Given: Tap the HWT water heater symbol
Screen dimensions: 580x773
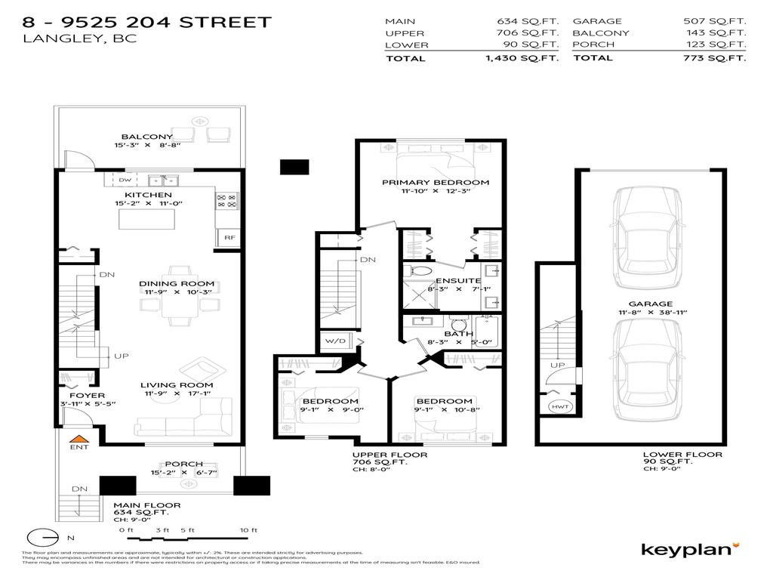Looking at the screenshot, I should (559, 407).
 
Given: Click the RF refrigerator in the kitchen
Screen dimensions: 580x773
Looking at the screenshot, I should (228, 237).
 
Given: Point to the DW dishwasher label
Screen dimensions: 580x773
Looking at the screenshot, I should (125, 180).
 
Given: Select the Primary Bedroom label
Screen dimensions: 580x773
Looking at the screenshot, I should (435, 182).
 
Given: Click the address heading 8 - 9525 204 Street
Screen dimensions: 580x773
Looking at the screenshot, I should (147, 22).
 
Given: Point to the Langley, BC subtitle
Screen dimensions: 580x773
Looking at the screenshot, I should (81, 39).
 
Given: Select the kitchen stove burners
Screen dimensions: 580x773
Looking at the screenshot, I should (226, 200).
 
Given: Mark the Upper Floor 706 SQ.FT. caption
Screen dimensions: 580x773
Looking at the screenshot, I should (390, 458).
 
